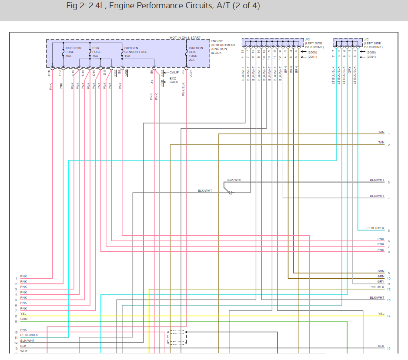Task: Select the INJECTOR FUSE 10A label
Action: [73, 52]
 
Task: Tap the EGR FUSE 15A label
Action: [97, 52]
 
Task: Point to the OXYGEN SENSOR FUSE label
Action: [136, 52]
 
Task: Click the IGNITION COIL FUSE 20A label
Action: [195, 52]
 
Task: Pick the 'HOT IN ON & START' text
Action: [185, 38]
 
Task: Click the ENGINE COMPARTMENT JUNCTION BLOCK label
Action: [223, 47]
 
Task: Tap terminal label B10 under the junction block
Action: [50, 73]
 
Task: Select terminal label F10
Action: [60, 73]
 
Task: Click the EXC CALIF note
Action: [174, 80]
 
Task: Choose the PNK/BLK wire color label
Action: [184, 89]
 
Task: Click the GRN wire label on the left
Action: [23, 319]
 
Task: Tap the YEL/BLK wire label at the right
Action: [378, 287]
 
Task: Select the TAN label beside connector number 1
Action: [381, 132]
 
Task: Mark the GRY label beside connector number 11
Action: [381, 282]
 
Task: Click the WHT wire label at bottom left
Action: [23, 351]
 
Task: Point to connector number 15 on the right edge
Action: [388, 349]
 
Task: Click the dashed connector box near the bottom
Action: [177, 338]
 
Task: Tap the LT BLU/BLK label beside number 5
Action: [375, 228]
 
